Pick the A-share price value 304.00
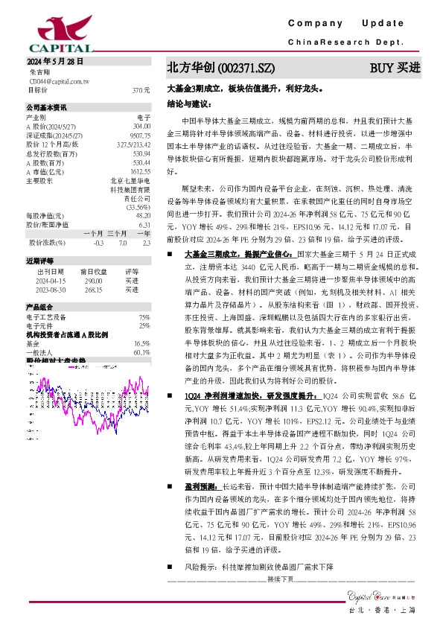click(141, 127)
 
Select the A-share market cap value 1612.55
click(140, 171)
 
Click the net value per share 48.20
click(143, 215)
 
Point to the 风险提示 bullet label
click(197, 567)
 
